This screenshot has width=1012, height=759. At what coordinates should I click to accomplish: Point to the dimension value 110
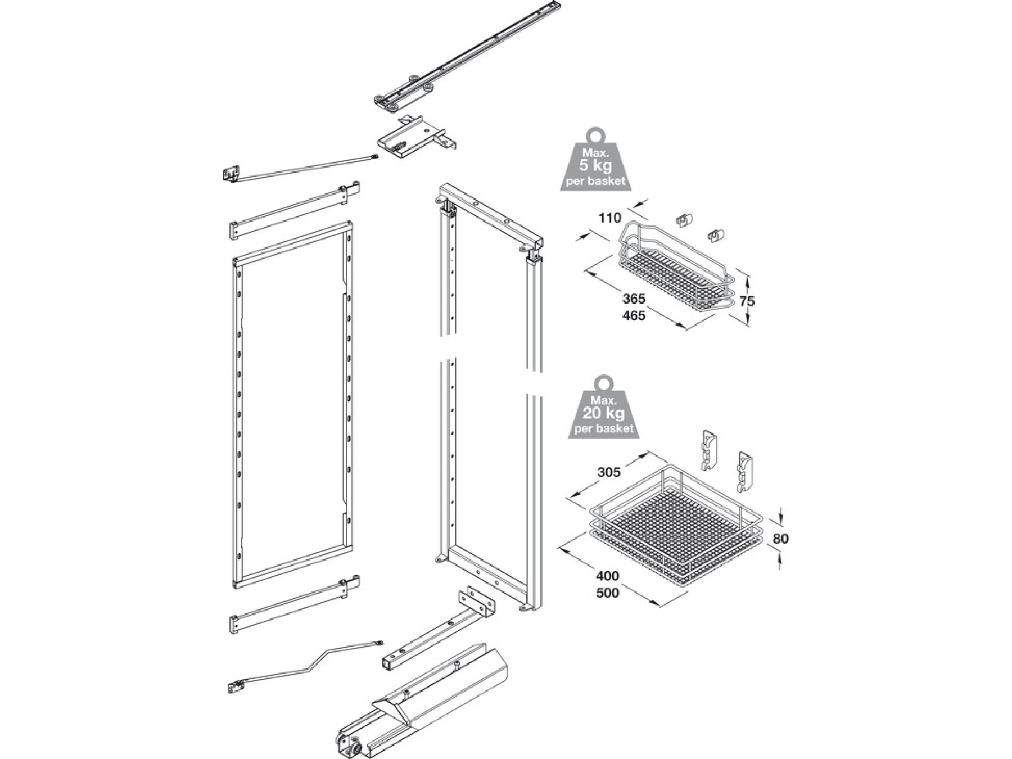[609, 218]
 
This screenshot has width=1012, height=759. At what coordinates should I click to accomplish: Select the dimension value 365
[634, 299]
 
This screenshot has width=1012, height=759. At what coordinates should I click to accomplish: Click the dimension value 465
[634, 315]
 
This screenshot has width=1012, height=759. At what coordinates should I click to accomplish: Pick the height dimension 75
[747, 301]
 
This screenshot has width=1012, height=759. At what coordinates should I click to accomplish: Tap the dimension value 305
[609, 472]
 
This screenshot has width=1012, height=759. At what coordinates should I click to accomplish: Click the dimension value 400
[607, 576]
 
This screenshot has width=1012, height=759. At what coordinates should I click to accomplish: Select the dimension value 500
[607, 593]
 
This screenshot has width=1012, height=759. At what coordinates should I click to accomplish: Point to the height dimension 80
[780, 539]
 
